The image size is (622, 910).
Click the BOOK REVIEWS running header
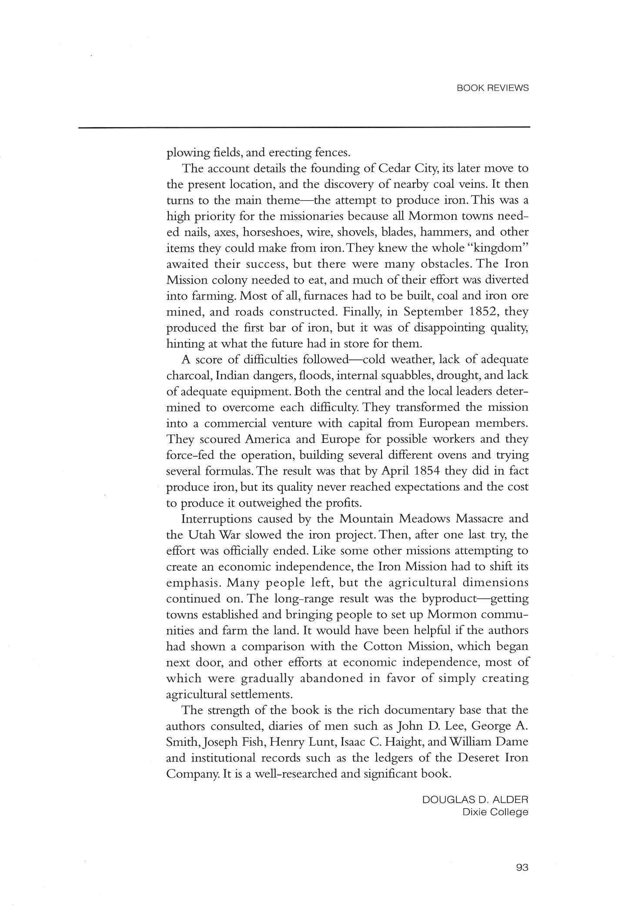[x=493, y=88]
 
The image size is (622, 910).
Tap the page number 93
[x=522, y=867]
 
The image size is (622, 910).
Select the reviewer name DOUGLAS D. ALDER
[x=475, y=799]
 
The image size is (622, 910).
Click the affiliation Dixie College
[x=495, y=812]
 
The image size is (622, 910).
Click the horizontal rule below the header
[x=304, y=127]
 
